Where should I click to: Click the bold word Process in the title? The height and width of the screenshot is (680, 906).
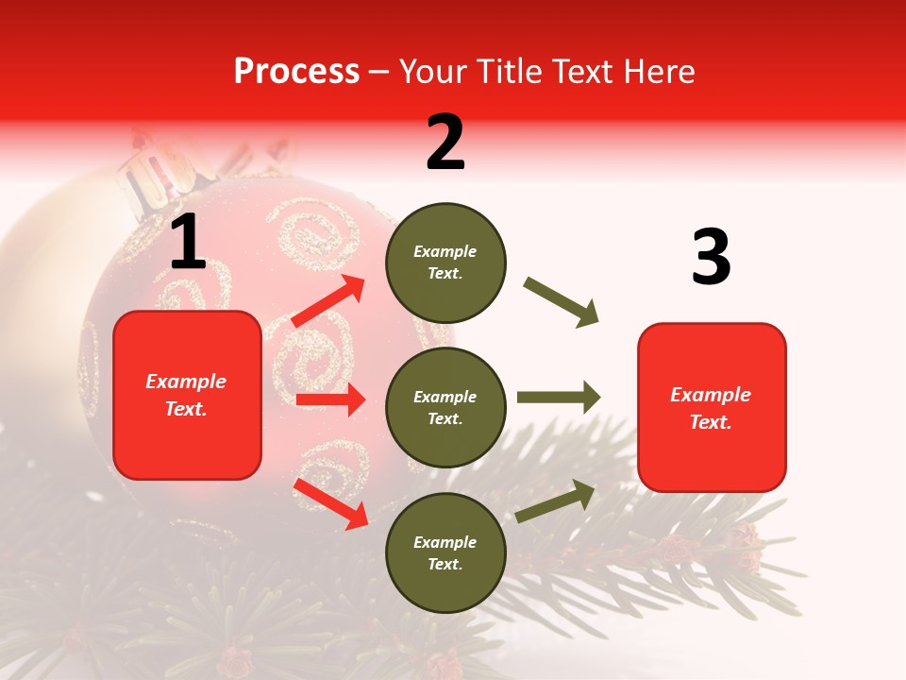(x=296, y=72)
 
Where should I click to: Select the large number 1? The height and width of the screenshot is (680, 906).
(x=188, y=243)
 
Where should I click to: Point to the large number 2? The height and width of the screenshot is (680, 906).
(x=445, y=143)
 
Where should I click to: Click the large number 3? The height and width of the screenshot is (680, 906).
(x=711, y=257)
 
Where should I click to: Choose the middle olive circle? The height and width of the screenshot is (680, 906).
(x=445, y=407)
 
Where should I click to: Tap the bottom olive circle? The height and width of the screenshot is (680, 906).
(x=445, y=552)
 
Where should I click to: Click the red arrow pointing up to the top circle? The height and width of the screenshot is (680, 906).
(x=328, y=302)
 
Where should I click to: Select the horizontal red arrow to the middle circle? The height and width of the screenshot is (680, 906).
(x=330, y=399)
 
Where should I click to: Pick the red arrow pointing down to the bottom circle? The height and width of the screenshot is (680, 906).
(x=331, y=503)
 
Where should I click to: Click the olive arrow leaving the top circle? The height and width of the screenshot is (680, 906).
(x=561, y=302)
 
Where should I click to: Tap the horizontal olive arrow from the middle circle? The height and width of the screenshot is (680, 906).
(x=558, y=397)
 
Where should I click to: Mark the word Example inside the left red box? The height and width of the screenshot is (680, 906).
(x=186, y=382)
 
